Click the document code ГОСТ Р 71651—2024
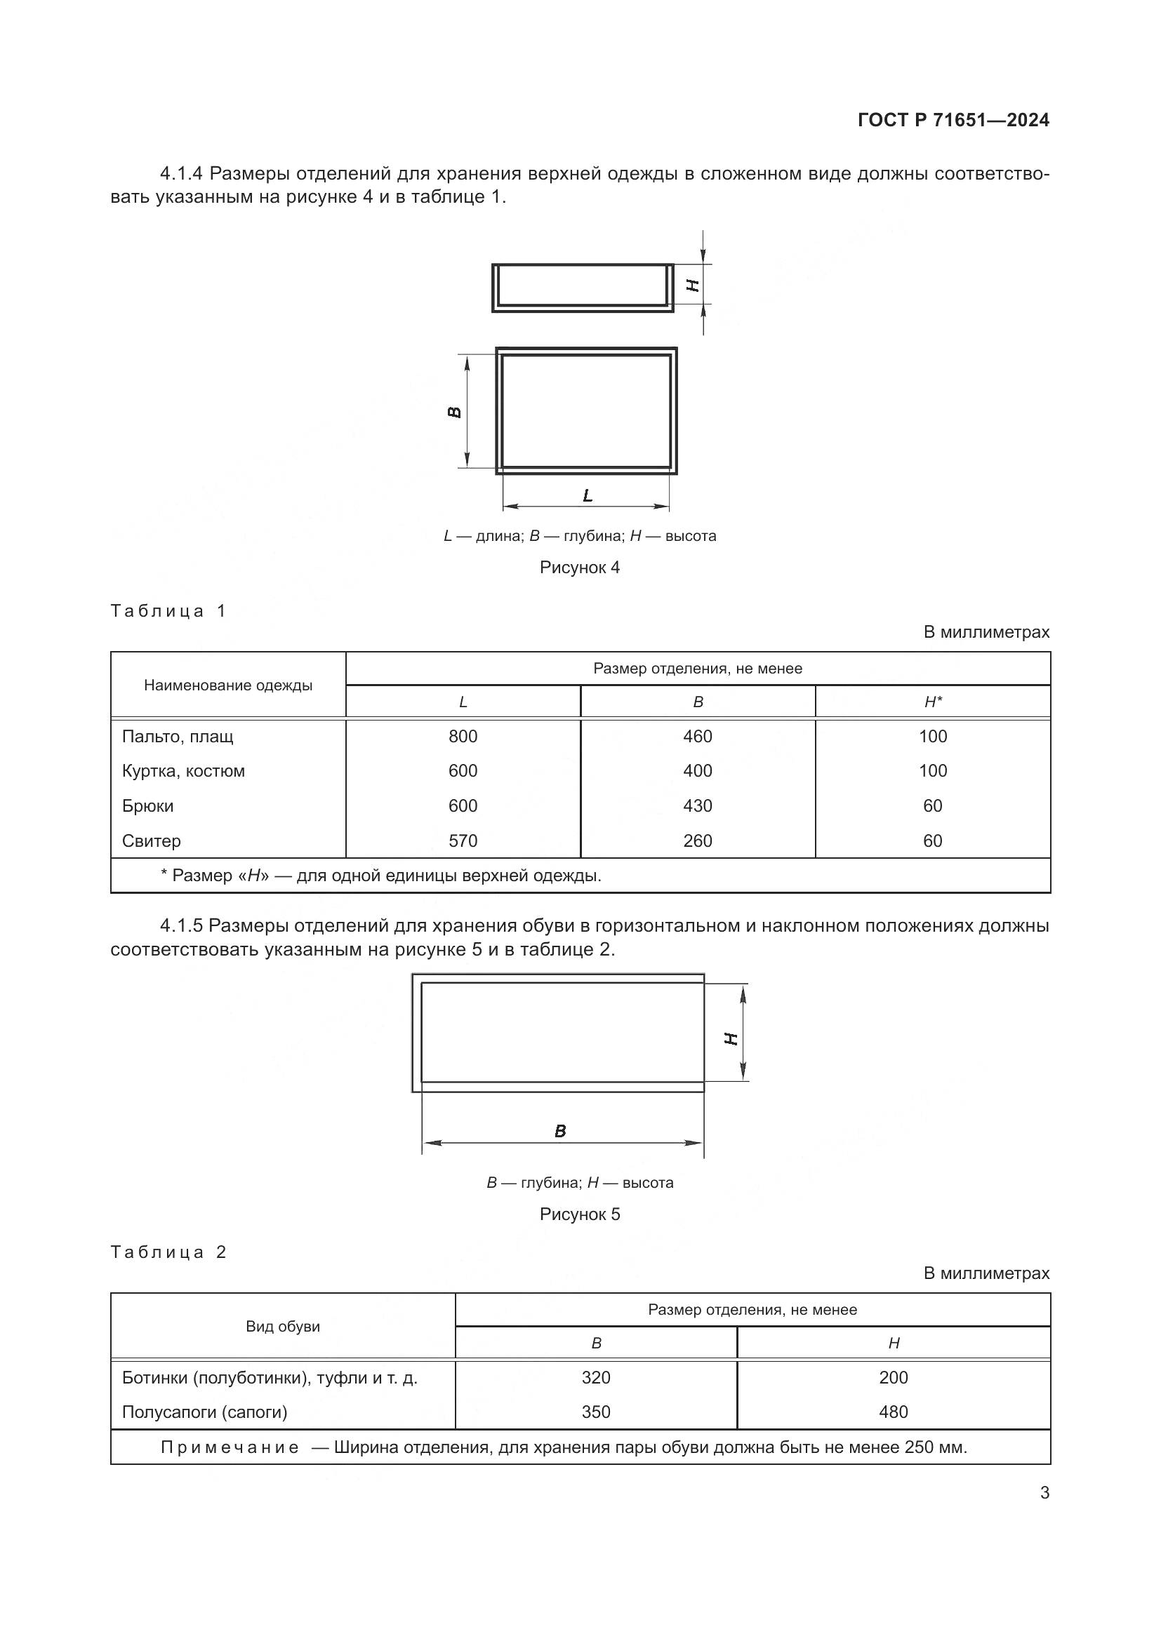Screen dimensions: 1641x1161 [953, 120]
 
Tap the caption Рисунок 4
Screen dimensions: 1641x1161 [579, 568]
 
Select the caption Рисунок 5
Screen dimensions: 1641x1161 [579, 1214]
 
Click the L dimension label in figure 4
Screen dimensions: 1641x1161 [588, 495]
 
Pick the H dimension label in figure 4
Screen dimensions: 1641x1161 [693, 284]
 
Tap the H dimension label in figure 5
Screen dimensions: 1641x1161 [731, 1038]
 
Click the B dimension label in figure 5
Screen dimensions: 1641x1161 [559, 1132]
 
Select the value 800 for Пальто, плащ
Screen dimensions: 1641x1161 [463, 736]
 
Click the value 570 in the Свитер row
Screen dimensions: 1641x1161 [463, 840]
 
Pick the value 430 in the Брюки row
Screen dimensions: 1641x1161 [697, 805]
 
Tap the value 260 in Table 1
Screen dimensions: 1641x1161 [697, 840]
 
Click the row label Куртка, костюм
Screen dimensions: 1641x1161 [184, 771]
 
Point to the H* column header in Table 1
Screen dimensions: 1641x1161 [932, 702]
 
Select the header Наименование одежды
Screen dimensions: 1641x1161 [228, 685]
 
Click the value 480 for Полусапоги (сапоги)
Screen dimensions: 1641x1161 [893, 1412]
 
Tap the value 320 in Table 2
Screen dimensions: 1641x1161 [595, 1377]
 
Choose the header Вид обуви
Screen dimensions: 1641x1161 [282, 1327]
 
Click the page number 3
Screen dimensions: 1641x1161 [1044, 1492]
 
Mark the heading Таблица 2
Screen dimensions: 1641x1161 [168, 1252]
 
